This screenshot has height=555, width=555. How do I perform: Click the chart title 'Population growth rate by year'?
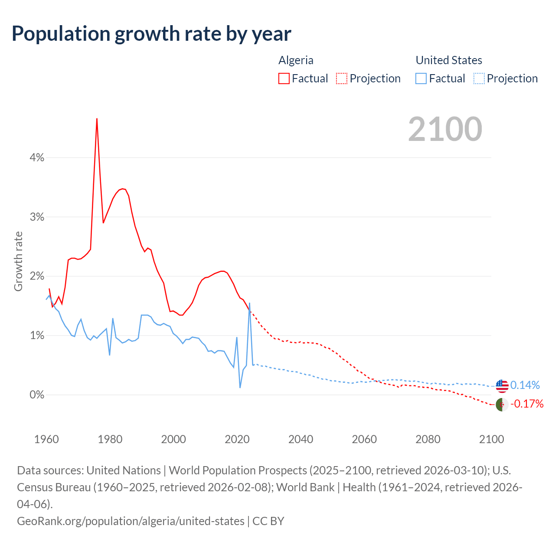click(151, 34)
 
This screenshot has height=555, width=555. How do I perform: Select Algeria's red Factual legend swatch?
click(284, 78)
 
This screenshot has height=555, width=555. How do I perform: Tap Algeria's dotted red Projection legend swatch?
click(342, 78)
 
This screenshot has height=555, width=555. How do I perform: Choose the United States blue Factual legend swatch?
click(421, 78)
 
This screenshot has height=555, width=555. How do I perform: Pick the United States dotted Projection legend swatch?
click(479, 78)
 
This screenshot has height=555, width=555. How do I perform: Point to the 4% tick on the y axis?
click(37, 158)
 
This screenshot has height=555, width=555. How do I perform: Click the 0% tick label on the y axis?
click(37, 395)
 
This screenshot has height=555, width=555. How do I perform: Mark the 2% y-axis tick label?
click(37, 276)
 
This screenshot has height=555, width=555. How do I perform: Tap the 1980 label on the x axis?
click(110, 439)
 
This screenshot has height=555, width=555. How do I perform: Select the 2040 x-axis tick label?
click(301, 439)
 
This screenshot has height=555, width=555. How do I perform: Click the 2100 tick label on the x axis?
click(491, 439)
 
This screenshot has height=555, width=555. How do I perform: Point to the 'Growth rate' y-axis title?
click(18, 261)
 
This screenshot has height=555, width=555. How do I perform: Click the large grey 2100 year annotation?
click(445, 129)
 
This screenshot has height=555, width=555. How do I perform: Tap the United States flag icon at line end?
click(502, 385)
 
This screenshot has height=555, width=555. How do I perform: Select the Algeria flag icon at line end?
click(502, 405)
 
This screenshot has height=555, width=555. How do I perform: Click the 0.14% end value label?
click(525, 385)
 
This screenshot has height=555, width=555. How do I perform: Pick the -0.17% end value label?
click(527, 404)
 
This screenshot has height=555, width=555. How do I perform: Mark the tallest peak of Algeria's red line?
click(97, 118)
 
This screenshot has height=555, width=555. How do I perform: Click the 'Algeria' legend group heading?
click(296, 60)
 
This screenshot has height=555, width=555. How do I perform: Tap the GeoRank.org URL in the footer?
click(131, 521)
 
